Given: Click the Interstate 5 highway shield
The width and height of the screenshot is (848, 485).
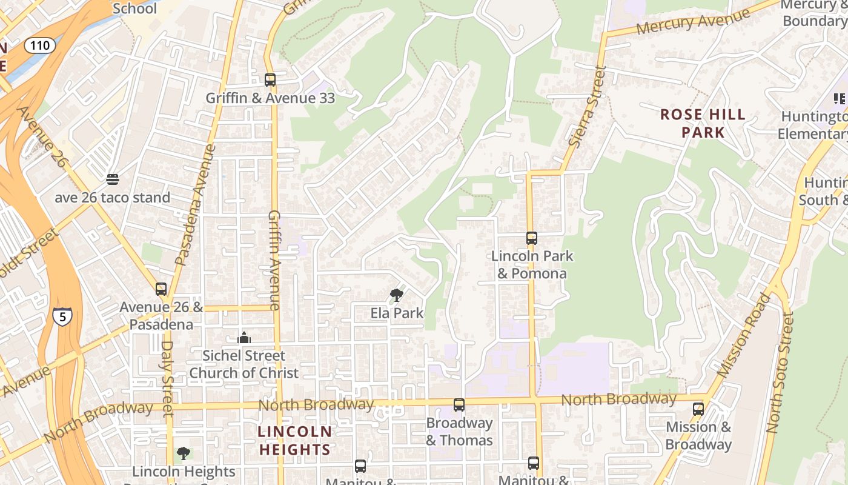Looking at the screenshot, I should pyautogui.click(x=62, y=316).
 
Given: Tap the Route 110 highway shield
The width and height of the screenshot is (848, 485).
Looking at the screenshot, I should pyautogui.click(x=41, y=45).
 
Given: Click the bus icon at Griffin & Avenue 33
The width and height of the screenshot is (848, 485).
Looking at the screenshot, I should pyautogui.click(x=270, y=79).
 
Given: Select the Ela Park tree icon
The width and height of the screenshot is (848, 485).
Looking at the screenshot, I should pyautogui.click(x=397, y=295).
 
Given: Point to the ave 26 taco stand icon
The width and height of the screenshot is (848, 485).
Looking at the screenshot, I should pyautogui.click(x=113, y=179).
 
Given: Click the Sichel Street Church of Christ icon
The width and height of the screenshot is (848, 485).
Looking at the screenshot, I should pyautogui.click(x=244, y=338).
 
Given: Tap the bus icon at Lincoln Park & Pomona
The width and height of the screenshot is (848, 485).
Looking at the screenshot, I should pyautogui.click(x=532, y=238).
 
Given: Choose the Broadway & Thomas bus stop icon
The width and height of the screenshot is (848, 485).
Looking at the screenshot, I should pyautogui.click(x=459, y=405).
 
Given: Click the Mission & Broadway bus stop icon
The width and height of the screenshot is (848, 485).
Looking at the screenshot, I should pyautogui.click(x=698, y=409).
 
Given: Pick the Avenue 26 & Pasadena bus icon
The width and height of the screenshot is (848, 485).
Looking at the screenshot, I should pyautogui.click(x=161, y=289).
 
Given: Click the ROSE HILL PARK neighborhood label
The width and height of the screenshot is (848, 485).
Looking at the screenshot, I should pyautogui.click(x=703, y=123).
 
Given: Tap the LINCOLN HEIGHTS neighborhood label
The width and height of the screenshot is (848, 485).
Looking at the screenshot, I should pyautogui.click(x=295, y=441).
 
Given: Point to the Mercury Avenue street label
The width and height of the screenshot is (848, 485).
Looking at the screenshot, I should pyautogui.click(x=693, y=22).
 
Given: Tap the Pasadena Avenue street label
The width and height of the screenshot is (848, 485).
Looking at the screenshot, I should pyautogui.click(x=196, y=204).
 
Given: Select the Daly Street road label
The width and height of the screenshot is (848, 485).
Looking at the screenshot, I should pyautogui.click(x=168, y=378).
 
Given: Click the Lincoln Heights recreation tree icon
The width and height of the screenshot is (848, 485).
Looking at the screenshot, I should pyautogui.click(x=183, y=453).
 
